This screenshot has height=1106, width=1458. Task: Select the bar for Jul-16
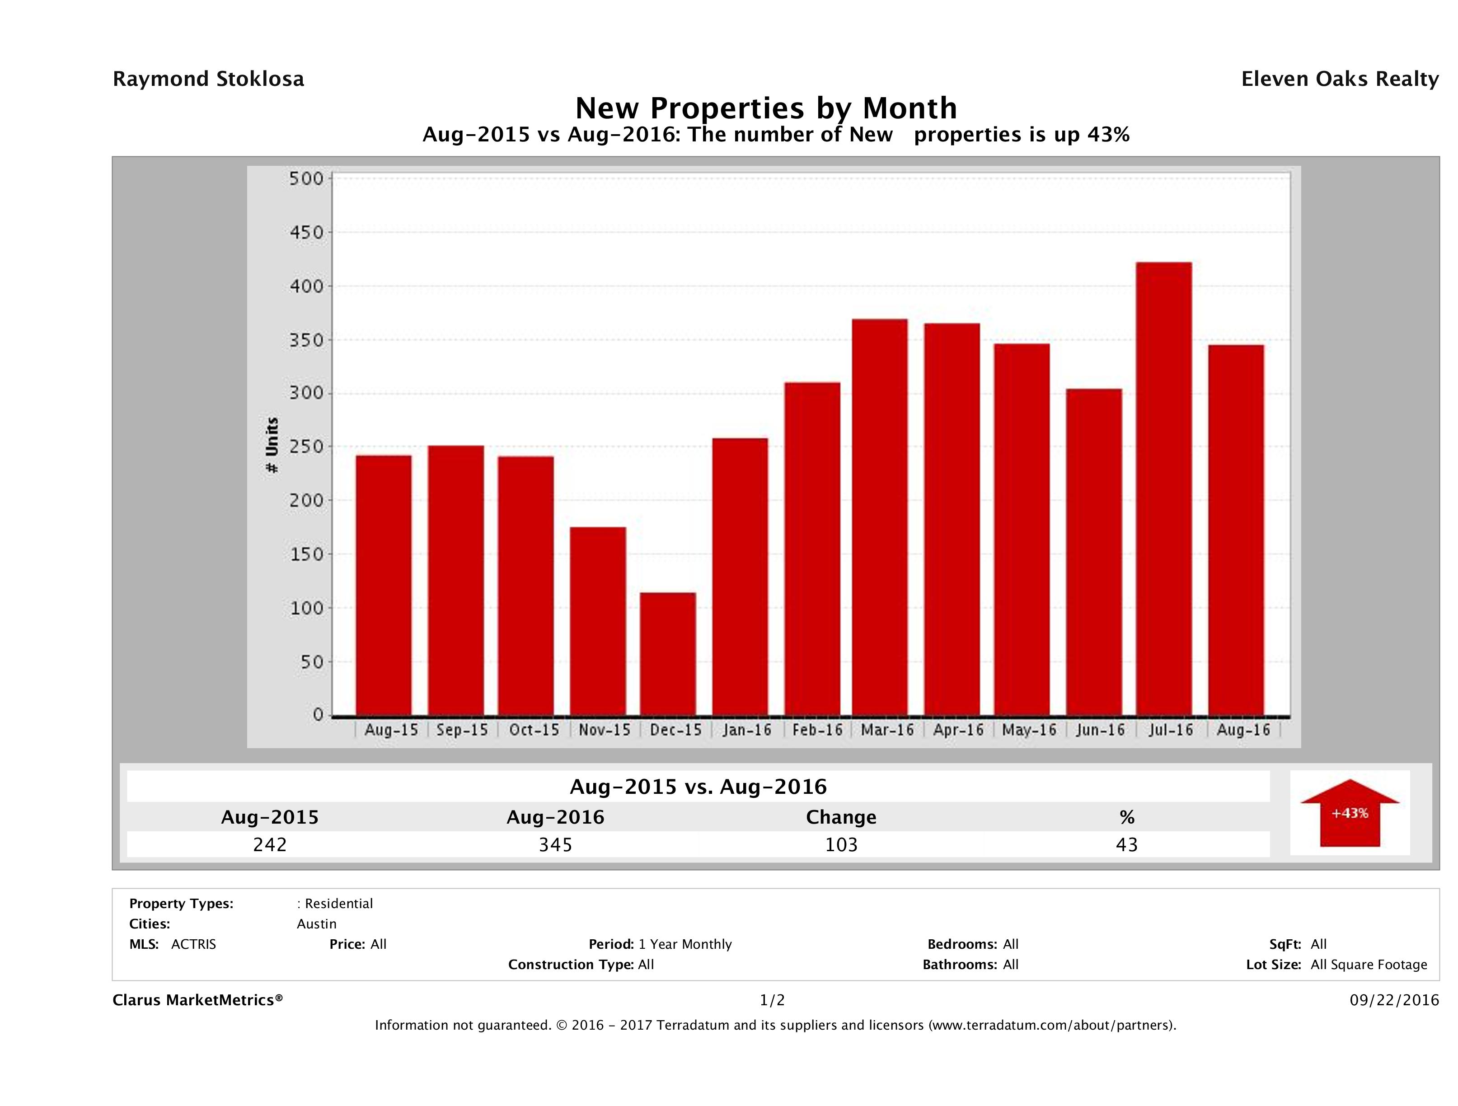click(1164, 489)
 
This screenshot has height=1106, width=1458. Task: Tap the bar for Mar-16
click(880, 517)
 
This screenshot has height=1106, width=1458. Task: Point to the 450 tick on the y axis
click(306, 233)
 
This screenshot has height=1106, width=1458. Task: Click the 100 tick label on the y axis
click(306, 608)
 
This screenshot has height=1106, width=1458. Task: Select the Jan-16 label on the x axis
click(747, 730)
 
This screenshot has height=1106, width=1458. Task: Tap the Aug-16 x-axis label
click(1243, 730)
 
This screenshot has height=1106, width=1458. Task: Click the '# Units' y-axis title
click(272, 445)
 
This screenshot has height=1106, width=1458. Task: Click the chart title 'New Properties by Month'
click(766, 108)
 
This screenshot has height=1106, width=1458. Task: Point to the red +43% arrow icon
click(1349, 813)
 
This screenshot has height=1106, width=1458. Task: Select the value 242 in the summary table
click(270, 845)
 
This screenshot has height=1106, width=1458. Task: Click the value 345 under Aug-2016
click(555, 845)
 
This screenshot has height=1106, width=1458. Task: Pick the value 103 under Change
click(841, 845)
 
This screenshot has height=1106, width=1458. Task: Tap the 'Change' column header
click(841, 817)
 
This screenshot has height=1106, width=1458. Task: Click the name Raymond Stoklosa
click(208, 79)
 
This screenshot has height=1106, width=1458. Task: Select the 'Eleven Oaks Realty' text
click(1339, 79)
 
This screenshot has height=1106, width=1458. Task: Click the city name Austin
click(316, 924)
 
